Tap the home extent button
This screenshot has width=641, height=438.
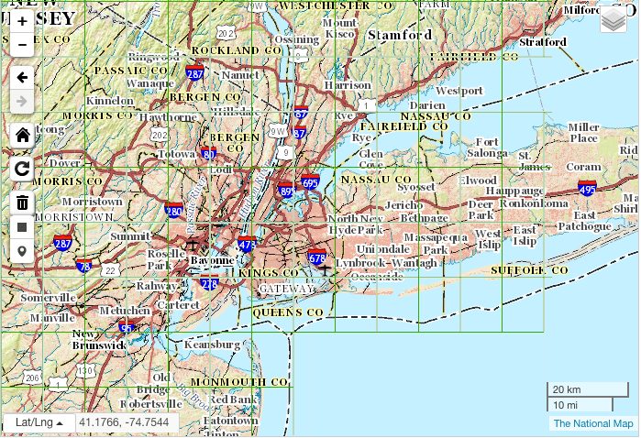23,135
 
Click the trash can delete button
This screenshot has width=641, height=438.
23,203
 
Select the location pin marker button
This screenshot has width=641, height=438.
23,251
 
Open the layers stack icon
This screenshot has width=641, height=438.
613,19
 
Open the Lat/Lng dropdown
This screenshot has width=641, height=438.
39,422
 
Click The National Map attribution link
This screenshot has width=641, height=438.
592,423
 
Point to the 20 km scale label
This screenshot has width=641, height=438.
565,389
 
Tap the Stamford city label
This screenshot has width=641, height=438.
399,35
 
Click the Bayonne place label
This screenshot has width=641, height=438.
212,261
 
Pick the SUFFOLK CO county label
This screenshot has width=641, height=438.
529,271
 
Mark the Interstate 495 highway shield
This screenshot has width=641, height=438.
588,189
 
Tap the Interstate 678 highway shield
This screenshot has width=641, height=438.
317,258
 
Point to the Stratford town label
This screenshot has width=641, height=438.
543,42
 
